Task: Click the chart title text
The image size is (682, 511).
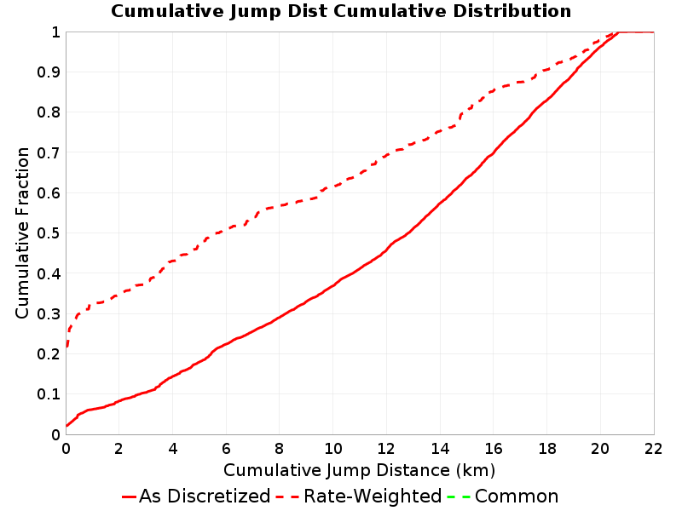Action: (341, 11)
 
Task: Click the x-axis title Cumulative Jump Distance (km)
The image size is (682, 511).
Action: (359, 470)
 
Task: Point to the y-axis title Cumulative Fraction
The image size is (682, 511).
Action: (22, 233)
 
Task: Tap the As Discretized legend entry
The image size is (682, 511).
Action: (196, 497)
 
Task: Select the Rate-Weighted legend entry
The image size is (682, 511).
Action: (359, 497)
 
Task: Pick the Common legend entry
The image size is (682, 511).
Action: (503, 497)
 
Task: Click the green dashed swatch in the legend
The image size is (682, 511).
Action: (459, 497)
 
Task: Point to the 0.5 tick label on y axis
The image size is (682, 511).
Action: (49, 233)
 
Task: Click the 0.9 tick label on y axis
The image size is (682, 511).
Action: (49, 72)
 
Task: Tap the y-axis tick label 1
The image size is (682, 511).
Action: (55, 32)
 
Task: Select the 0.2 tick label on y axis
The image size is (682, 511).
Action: (49, 354)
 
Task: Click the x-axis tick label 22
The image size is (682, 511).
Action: (653, 449)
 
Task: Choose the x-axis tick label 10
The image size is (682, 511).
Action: (333, 449)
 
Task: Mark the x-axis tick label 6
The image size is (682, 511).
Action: (226, 449)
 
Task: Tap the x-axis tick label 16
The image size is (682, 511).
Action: (494, 449)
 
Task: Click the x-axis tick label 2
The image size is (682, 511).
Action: (119, 449)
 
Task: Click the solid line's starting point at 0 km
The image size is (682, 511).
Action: (66, 426)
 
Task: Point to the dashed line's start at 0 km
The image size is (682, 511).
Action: (66, 347)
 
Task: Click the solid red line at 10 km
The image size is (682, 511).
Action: (333, 285)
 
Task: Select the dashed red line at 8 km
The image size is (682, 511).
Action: (280, 206)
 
